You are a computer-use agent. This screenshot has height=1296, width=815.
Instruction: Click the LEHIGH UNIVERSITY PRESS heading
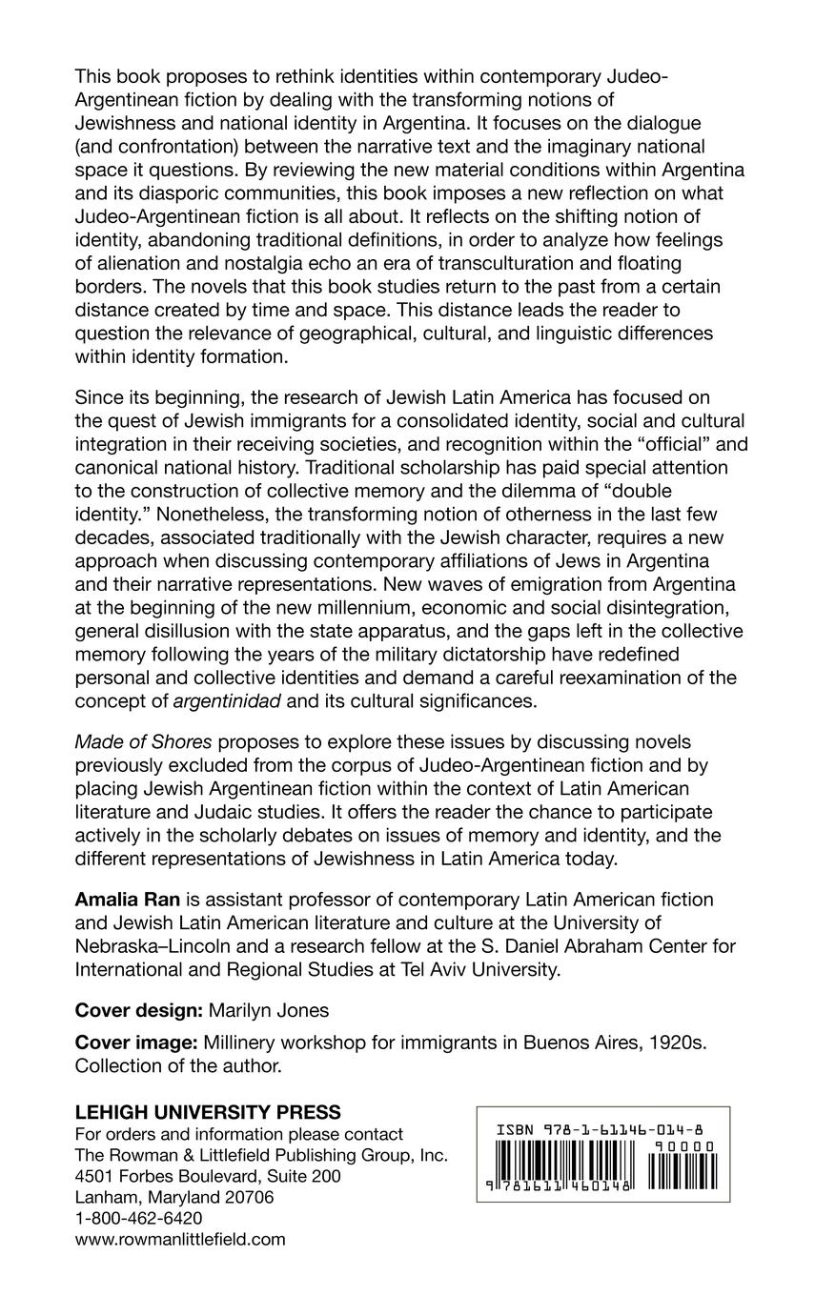pyautogui.click(x=208, y=1112)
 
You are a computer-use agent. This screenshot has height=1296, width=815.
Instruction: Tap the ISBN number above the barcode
pyautogui.click(x=604, y=1130)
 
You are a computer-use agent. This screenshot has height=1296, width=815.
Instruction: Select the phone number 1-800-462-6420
pyautogui.click(x=138, y=1218)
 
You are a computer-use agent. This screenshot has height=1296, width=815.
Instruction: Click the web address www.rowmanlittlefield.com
pyautogui.click(x=180, y=1239)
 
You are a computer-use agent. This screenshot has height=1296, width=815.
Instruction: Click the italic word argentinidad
pyautogui.click(x=230, y=703)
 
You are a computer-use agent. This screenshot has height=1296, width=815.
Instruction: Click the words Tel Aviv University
pyautogui.click(x=503, y=968)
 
